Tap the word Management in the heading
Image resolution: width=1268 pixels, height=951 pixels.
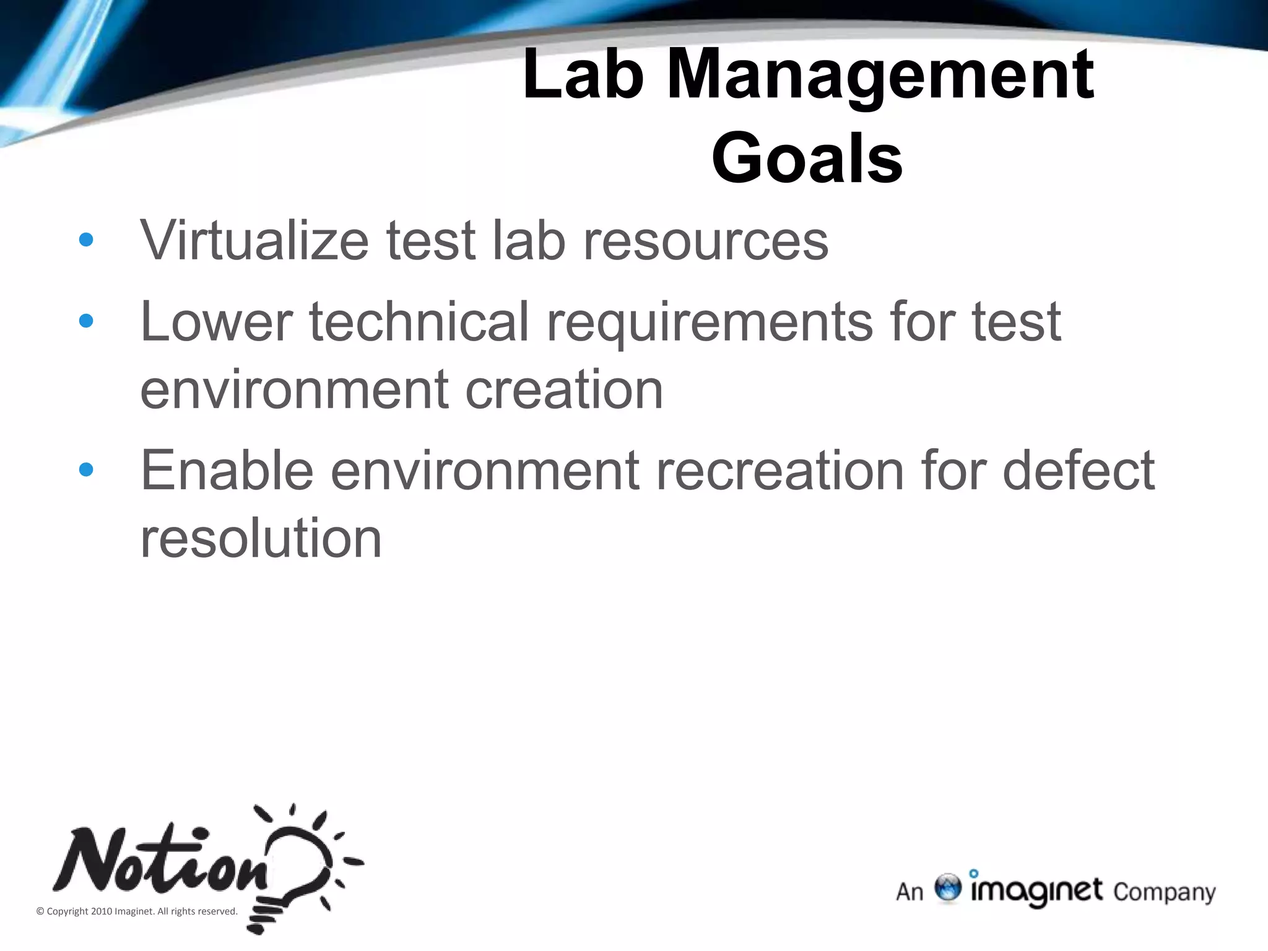coord(880,76)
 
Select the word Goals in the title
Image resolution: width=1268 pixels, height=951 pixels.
coord(807,158)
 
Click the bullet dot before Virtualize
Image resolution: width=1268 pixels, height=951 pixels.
coord(86,240)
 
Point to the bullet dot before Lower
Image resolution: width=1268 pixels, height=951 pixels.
coord(86,321)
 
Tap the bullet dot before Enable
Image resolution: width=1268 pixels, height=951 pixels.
coord(86,470)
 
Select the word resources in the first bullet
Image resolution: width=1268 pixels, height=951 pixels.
coord(705,241)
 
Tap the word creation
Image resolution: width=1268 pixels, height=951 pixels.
coord(564,389)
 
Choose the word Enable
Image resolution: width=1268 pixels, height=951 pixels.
coord(227,470)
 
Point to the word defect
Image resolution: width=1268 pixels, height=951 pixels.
coord(1078,470)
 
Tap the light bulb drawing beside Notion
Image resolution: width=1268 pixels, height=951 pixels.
coord(297,867)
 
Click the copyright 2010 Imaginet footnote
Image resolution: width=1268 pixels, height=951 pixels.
coord(137,911)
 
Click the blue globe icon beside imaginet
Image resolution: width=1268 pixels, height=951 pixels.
coord(947,888)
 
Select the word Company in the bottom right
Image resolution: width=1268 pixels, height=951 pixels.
coord(1164,892)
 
